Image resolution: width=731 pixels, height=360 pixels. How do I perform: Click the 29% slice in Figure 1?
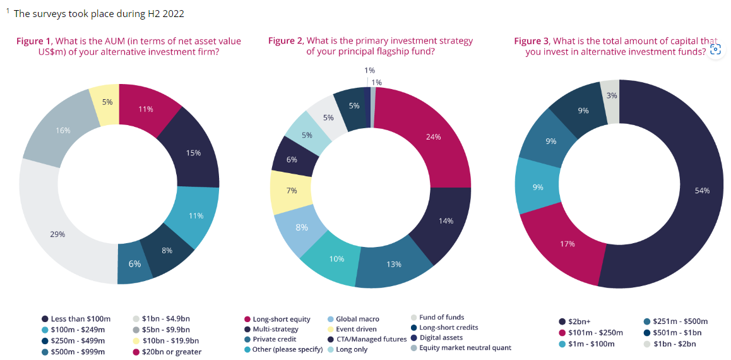point(58,234)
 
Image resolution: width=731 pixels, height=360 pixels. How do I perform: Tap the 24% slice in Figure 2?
point(433,137)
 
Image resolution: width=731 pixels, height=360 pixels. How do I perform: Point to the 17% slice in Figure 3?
point(568,243)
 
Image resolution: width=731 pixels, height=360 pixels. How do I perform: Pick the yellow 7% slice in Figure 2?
point(292,191)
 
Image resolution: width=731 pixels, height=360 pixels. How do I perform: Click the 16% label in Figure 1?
point(63,130)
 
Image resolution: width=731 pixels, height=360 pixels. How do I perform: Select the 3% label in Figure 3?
point(611,95)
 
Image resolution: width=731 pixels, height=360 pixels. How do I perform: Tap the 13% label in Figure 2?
point(394,264)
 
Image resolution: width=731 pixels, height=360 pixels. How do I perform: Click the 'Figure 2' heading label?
point(285,41)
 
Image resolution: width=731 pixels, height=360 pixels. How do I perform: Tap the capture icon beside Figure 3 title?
point(715,49)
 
